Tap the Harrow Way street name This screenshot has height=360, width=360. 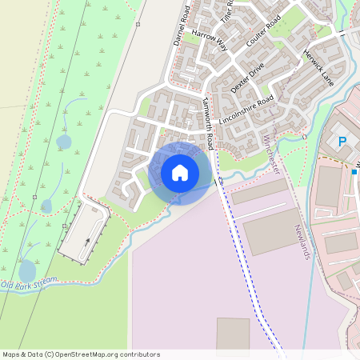[210, 42]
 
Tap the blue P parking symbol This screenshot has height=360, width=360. [342, 142]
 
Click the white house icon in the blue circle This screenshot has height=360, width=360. [180, 173]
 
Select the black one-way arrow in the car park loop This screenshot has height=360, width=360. [84, 238]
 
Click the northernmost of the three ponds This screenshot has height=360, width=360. [63, 142]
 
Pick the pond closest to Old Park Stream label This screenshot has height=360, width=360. [27, 270]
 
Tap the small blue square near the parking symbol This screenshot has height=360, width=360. [354, 170]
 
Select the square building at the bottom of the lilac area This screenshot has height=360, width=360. [233, 334]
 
